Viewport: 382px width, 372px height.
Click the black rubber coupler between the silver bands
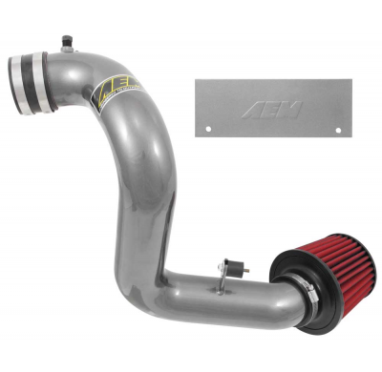click(32, 73)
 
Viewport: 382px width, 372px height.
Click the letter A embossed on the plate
click(273, 107)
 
